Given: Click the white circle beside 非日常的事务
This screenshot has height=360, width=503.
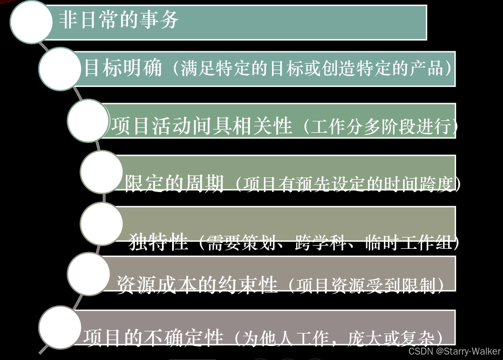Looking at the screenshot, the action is (31, 22).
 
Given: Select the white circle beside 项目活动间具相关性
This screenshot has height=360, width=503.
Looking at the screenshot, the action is (89, 120).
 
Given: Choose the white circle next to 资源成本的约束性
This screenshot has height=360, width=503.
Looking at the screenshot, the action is (89, 274).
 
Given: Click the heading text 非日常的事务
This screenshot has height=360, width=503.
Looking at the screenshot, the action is (119, 21).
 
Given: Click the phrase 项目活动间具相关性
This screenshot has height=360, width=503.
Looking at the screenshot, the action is (201, 127).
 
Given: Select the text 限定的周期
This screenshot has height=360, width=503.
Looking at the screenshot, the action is (174, 185).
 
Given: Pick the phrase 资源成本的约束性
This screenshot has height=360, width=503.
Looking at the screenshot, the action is (197, 284).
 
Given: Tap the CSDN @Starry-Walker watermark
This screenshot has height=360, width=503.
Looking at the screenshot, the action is (454, 351).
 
